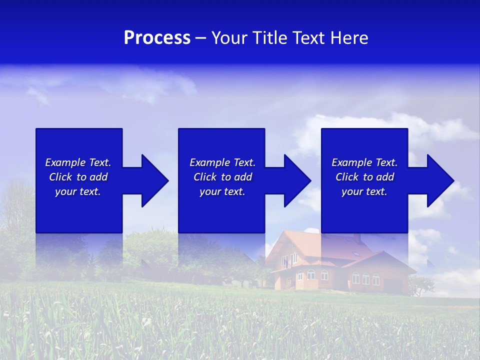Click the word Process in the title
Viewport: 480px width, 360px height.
click(157, 38)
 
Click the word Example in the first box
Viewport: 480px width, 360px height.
click(65, 162)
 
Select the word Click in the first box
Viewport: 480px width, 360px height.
click(61, 177)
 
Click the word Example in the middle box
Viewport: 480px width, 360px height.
click(210, 162)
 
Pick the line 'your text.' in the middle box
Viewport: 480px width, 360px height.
click(222, 191)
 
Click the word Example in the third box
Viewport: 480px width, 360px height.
click(352, 162)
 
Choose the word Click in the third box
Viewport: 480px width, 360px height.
click(347, 177)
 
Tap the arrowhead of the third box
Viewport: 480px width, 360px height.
click(440, 180)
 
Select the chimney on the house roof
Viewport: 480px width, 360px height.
click(357, 238)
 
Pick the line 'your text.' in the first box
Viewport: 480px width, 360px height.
click(77, 191)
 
